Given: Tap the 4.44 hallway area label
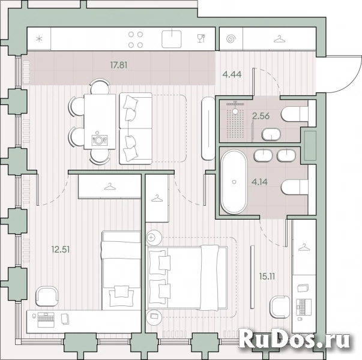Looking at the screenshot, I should pos(232,74).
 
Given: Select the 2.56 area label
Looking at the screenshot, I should pos(259,116).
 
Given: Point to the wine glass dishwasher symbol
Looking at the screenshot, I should pos(201,39).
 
